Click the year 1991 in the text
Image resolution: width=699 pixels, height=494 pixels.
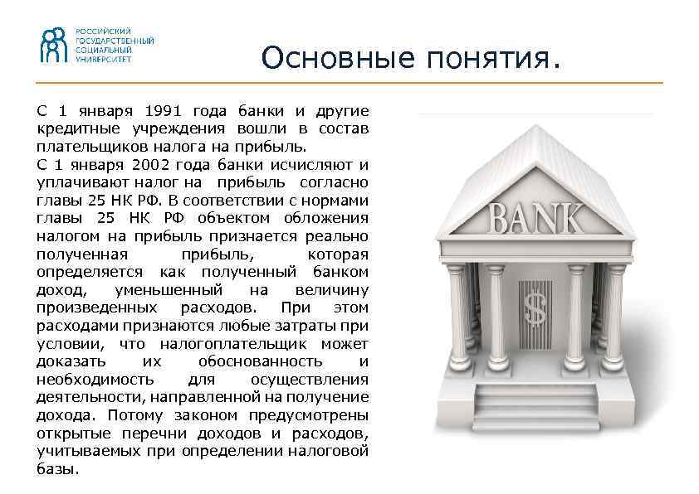(x=164, y=110)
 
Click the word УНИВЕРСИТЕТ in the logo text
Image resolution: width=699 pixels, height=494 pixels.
(x=103, y=60)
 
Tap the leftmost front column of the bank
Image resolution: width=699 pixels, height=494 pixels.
(x=456, y=323)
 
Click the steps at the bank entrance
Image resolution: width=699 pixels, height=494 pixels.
(x=535, y=405)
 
